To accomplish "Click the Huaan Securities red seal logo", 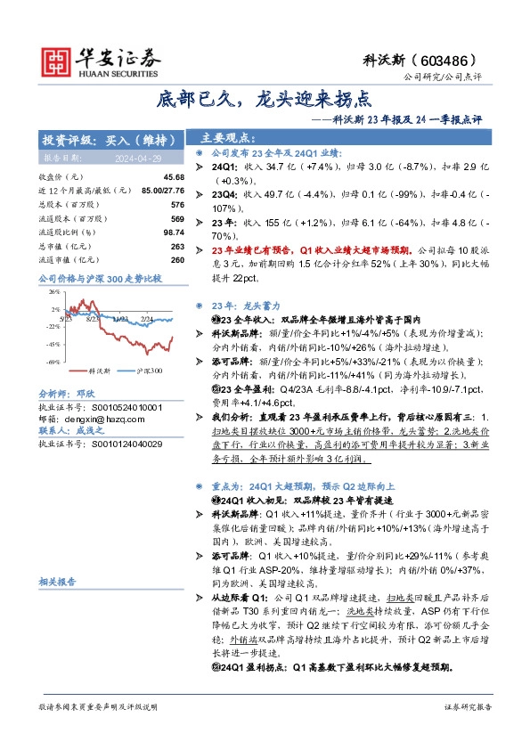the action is [59, 59].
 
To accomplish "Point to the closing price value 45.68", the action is [175, 177].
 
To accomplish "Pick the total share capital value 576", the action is [178, 205].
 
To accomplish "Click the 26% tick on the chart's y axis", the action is [53, 291].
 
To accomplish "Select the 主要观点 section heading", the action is [228, 138].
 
